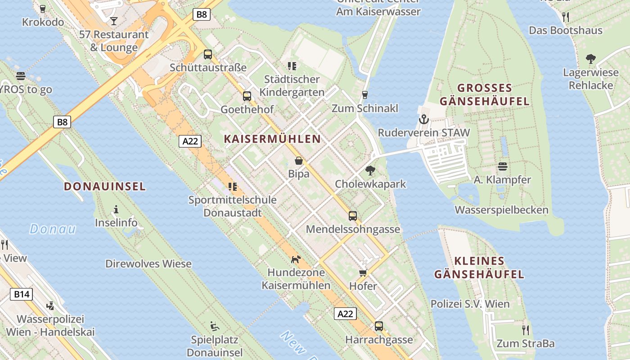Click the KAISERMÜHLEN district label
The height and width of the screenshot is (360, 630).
click(272, 139)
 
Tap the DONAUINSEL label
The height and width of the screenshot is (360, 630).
click(105, 186)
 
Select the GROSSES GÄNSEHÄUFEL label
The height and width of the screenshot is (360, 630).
click(485, 94)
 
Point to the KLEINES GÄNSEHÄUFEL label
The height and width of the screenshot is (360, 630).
click(479, 267)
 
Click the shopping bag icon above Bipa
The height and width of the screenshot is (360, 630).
click(298, 161)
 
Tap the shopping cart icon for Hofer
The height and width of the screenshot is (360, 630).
click(363, 273)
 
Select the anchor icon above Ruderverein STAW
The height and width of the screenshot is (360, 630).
click(423, 120)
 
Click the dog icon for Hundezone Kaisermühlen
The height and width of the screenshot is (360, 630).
click(296, 259)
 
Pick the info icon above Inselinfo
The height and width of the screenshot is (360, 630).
click(116, 209)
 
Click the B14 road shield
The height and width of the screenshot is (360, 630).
click(21, 295)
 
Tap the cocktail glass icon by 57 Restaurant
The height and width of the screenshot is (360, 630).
click(113, 21)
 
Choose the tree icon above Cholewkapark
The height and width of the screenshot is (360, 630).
click(370, 171)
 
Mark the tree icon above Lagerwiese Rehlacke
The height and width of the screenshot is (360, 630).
click(590, 59)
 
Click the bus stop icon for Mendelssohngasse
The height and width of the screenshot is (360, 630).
click(353, 216)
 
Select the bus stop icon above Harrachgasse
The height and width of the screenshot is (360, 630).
click(379, 326)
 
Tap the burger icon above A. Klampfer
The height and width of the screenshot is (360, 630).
click(502, 166)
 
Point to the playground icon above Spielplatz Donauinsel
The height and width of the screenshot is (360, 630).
click(215, 326)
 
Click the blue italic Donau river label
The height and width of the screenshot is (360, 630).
click(53, 229)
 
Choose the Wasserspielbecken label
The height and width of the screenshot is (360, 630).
click(501, 210)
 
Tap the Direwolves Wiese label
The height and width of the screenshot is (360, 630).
click(148, 264)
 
